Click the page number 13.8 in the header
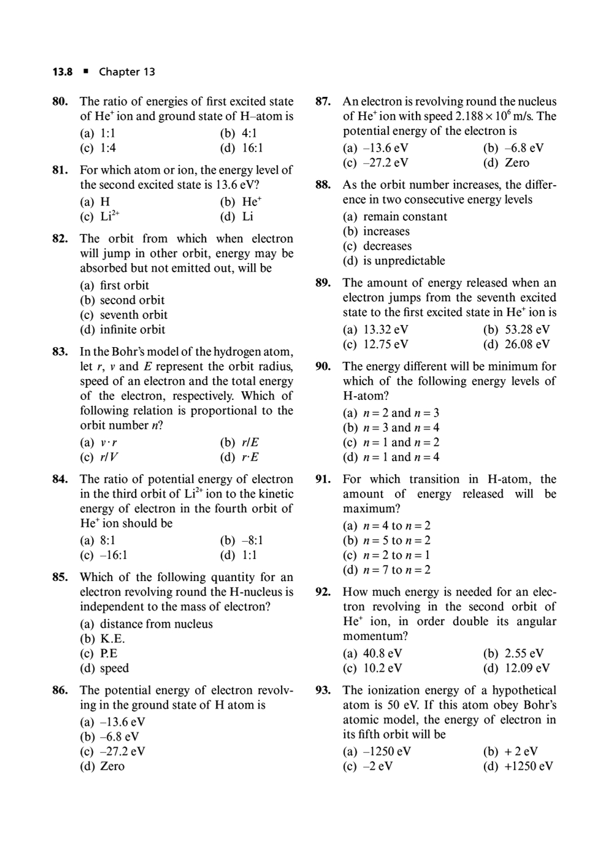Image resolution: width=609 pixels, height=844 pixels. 62,72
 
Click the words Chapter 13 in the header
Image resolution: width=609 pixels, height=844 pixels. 127,72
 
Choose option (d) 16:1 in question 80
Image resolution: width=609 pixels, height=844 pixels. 241,148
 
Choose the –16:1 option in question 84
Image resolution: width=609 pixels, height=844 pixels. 104,555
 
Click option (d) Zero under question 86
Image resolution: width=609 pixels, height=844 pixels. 102,766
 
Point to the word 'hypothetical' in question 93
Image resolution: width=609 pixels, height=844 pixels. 524,690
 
